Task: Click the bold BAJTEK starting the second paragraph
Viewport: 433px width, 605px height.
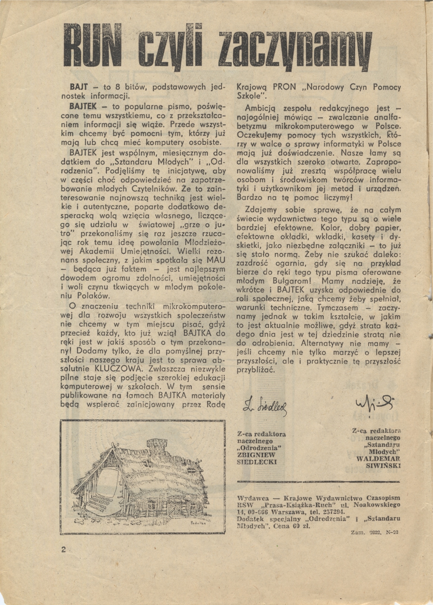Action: (83, 107)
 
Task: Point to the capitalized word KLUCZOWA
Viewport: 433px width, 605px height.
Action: (118, 369)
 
